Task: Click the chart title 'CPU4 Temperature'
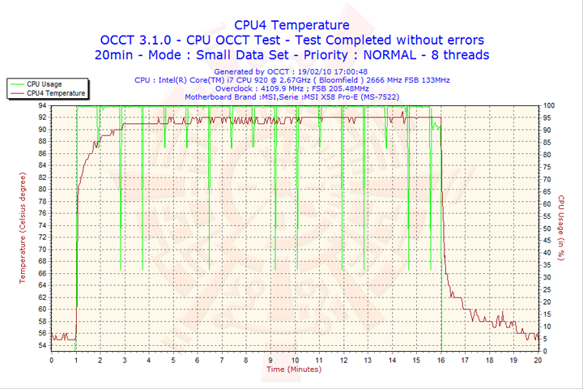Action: [x=291, y=25]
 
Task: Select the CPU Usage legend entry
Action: [x=44, y=83]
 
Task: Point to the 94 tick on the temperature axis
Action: [x=41, y=105]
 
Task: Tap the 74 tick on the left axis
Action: [x=41, y=225]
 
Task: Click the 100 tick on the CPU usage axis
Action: [x=548, y=105]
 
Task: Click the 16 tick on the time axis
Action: [x=441, y=360]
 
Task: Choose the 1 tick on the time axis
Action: [x=76, y=360]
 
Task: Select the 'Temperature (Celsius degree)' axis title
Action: [x=23, y=228]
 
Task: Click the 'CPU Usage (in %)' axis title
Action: [x=560, y=228]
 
